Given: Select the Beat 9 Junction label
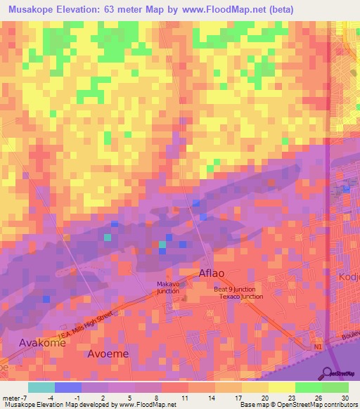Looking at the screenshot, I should click(x=235, y=289).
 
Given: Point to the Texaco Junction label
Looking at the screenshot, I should click(x=238, y=297).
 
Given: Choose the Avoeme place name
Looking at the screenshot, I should click(x=108, y=353).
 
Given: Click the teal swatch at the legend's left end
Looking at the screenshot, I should click(x=41, y=387).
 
